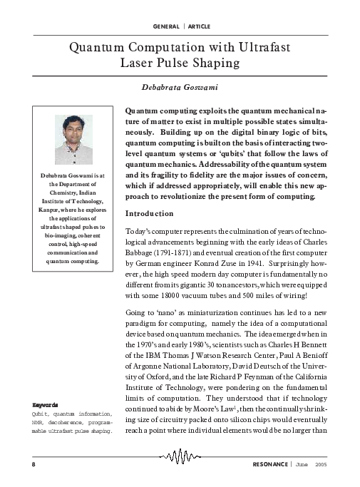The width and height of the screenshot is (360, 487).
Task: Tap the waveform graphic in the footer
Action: pyautogui.click(x=180, y=456)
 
